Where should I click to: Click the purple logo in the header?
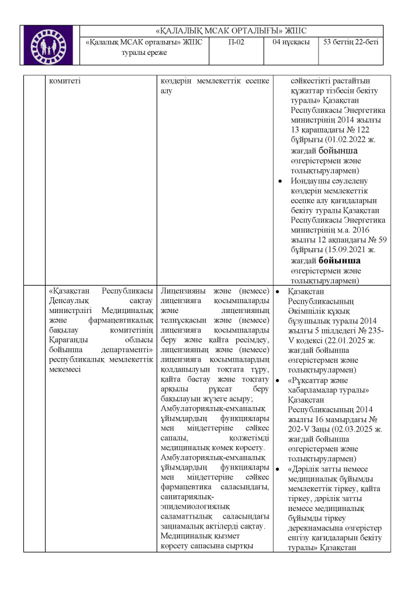coord(49,44)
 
